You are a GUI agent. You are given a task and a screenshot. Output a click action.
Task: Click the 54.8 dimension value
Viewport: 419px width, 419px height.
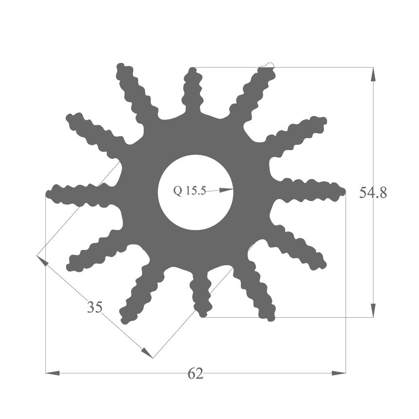pyautogui.click(x=373, y=193)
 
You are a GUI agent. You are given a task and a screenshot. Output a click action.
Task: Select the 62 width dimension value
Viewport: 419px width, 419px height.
pyautogui.click(x=196, y=373)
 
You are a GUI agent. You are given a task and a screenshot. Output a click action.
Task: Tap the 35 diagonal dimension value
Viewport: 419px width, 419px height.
pyautogui.click(x=95, y=308)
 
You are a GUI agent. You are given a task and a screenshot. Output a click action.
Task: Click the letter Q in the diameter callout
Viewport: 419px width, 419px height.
pyautogui.click(x=178, y=191)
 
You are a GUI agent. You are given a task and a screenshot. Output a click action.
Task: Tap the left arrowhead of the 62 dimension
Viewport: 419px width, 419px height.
pyautogui.click(x=52, y=372)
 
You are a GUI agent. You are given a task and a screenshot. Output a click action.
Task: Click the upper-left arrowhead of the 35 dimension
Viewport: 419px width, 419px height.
pyautogui.click(x=42, y=261)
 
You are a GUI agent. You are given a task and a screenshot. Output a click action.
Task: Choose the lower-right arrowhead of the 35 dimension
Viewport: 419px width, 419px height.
pyautogui.click(x=147, y=353)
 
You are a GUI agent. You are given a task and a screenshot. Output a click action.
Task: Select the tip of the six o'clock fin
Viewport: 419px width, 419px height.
pyautogui.click(x=203, y=313)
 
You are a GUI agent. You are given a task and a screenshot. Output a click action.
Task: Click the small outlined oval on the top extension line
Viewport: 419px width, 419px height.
pyautogui.click(x=267, y=65)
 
